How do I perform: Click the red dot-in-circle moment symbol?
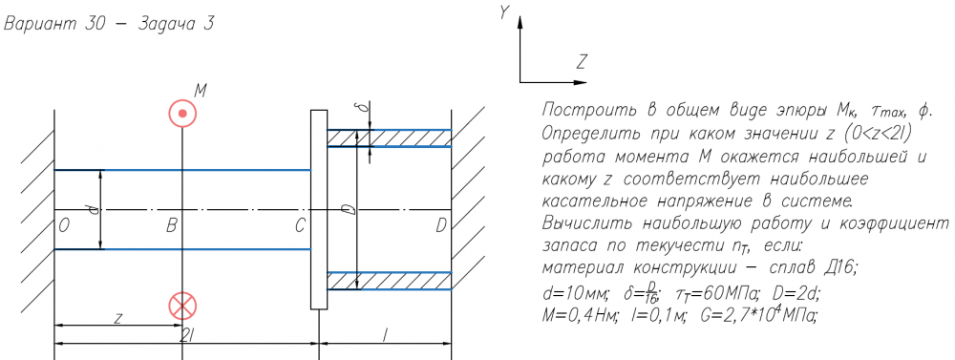(182, 114)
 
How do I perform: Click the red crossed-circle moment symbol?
(182, 306)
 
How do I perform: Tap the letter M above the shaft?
(201, 92)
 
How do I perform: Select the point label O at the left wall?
(63, 226)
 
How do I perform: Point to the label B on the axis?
(171, 226)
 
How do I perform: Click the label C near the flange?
(299, 226)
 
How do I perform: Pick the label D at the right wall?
(441, 226)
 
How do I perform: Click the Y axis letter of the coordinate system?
(504, 12)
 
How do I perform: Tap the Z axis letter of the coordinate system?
(582, 61)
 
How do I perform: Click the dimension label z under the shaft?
(119, 318)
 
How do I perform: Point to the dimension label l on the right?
(384, 335)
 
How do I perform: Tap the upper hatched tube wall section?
(390, 138)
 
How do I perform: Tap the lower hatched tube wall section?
(390, 281)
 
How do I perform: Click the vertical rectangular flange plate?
(319, 209)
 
